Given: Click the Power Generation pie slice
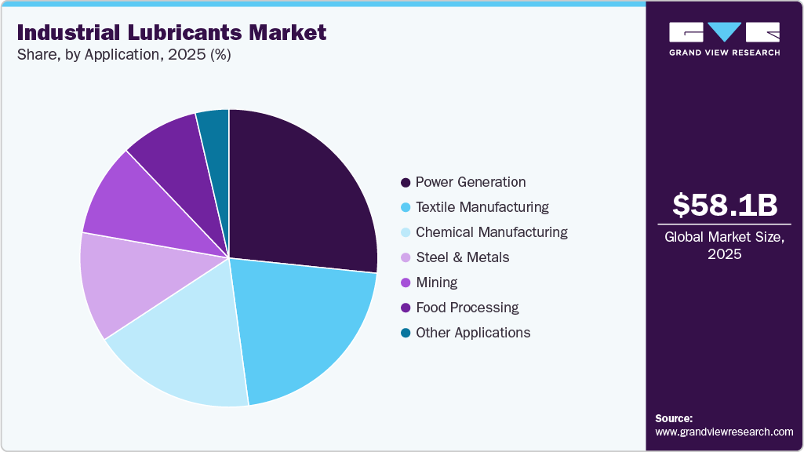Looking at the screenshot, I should [298, 188].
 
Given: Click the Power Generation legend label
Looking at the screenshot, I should [471, 182].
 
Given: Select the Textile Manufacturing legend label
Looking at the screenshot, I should [482, 207].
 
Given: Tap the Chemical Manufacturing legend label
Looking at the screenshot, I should [492, 232].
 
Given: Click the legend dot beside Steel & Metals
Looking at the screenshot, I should [406, 258].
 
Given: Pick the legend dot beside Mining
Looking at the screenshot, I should [406, 283].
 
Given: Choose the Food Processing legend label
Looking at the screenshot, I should [467, 308].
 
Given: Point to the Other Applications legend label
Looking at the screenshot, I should [473, 333].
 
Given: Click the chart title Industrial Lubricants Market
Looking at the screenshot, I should [171, 33].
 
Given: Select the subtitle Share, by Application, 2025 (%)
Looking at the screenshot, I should [123, 55].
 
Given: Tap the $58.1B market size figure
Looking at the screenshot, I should [725, 205].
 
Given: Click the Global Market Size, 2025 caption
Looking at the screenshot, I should [725, 246].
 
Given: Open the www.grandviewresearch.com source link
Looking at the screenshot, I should [724, 432].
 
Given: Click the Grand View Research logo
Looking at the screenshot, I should [725, 38].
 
